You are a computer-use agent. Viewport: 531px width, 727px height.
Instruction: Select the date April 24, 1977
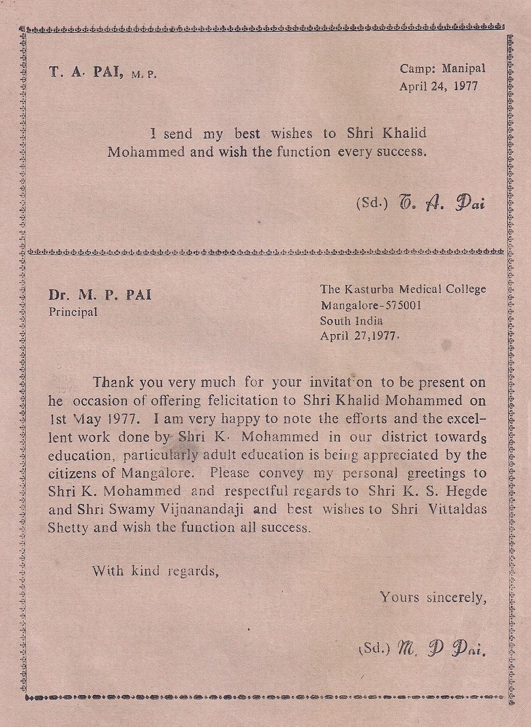point(438,86)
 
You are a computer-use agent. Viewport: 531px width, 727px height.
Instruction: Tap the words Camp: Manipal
point(442,68)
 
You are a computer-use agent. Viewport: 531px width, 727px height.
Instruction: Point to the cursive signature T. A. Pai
point(441,203)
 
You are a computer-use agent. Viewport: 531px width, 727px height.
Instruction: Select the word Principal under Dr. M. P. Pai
point(73,312)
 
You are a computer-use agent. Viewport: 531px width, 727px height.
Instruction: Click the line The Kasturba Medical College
point(403,289)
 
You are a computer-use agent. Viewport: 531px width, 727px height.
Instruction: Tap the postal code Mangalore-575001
point(371,305)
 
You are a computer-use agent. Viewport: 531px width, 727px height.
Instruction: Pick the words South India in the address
point(351,320)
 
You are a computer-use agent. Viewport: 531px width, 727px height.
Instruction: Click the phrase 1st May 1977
point(94,419)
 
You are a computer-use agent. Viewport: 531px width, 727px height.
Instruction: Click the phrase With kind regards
point(155,570)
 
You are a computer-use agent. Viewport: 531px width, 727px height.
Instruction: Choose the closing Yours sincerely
point(433,597)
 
